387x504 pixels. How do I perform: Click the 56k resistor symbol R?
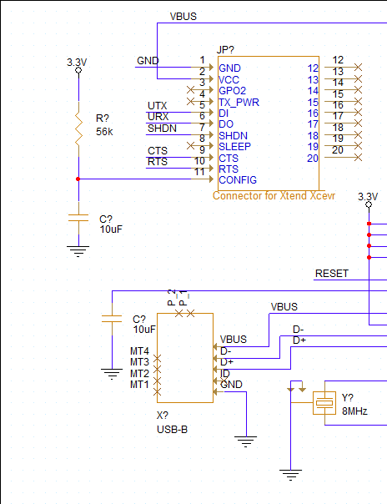click(x=78, y=129)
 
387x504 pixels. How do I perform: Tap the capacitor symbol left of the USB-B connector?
click(x=111, y=318)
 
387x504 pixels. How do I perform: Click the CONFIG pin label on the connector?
click(x=237, y=180)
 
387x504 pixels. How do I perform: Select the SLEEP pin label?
click(x=234, y=147)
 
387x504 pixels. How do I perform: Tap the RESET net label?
click(x=331, y=274)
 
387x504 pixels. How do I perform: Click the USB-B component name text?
click(x=173, y=429)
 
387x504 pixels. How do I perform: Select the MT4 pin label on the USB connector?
click(x=139, y=351)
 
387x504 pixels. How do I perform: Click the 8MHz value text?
click(x=354, y=411)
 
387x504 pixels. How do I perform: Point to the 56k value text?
click(x=104, y=132)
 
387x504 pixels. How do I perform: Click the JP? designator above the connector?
click(x=225, y=50)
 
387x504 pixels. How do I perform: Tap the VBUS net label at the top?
click(x=183, y=16)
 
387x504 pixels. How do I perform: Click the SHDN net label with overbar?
click(x=161, y=129)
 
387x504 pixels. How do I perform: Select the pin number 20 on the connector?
click(x=312, y=159)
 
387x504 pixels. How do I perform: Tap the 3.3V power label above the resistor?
click(x=77, y=63)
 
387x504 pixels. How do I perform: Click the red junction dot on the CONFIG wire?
click(x=78, y=179)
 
